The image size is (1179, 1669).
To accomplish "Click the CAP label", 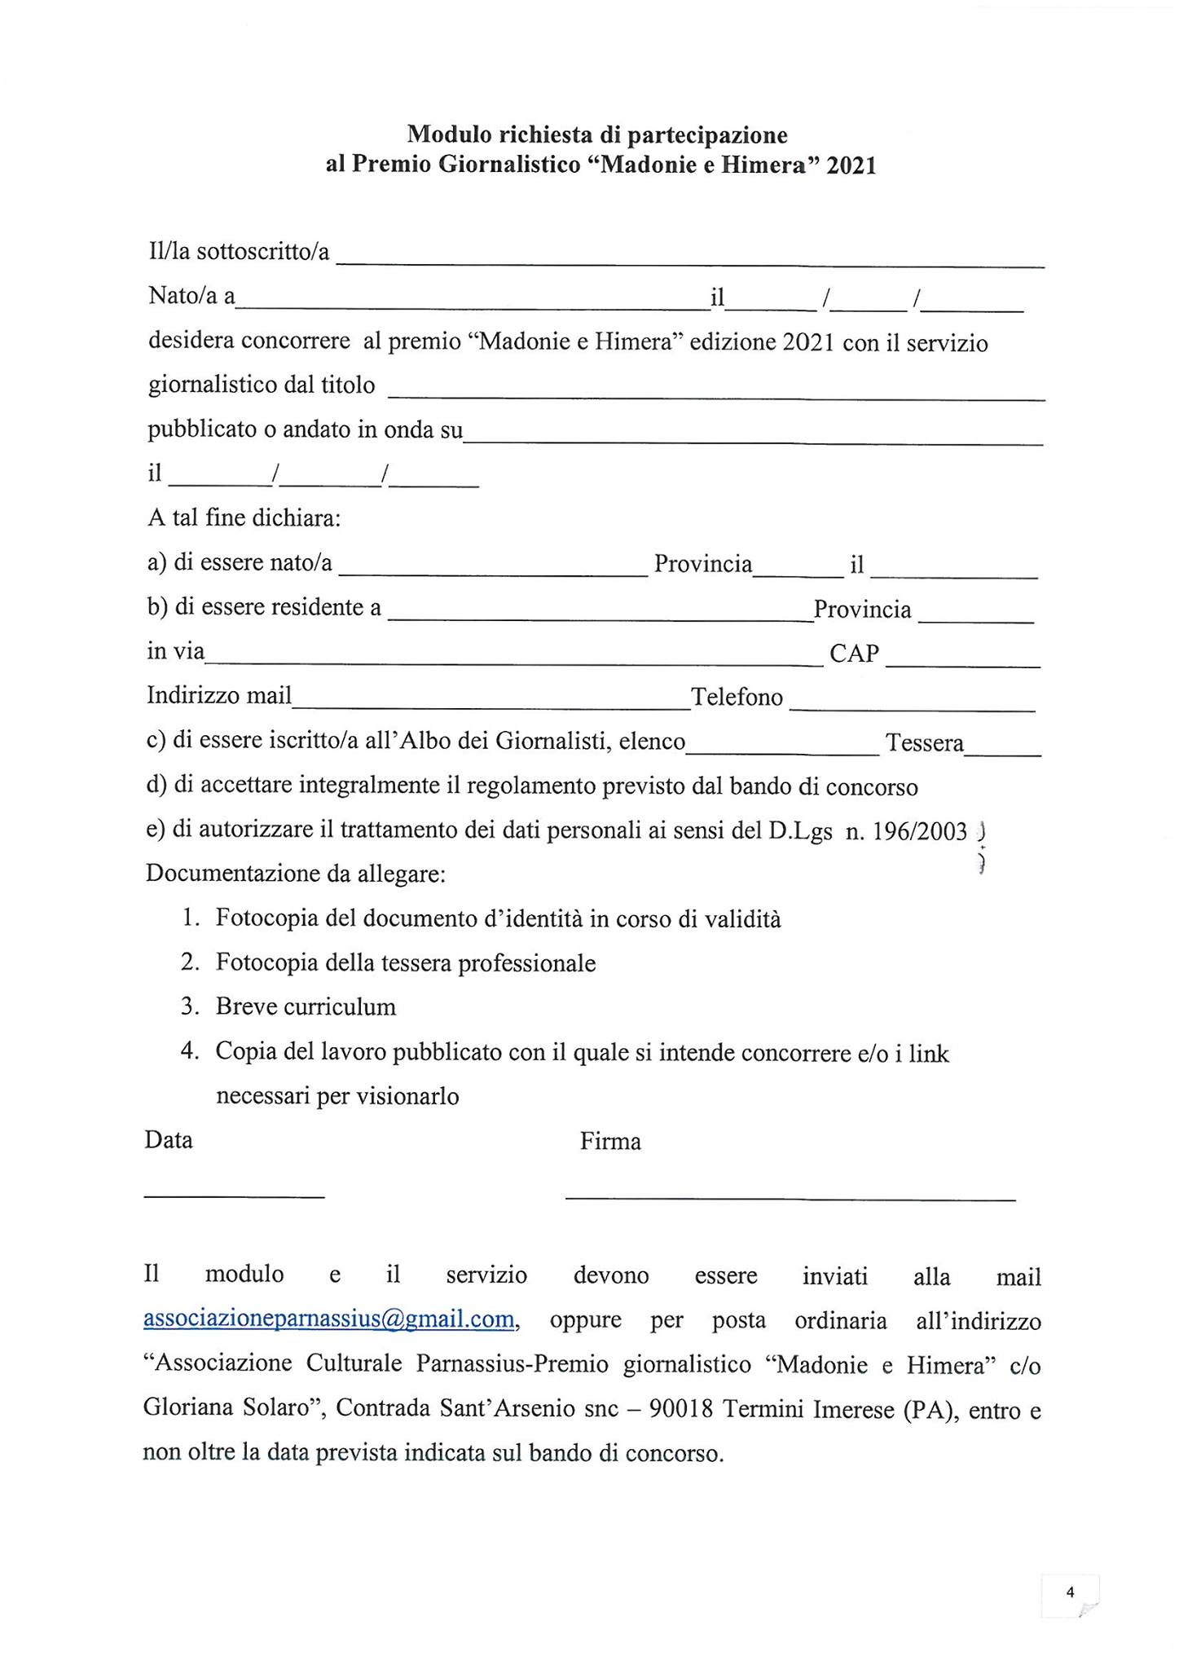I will (854, 654).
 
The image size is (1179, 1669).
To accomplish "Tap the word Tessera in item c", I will (925, 743).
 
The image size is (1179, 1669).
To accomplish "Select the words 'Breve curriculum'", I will (306, 1007).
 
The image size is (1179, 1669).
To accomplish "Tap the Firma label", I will (610, 1142).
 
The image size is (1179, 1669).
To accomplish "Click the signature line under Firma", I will (790, 1198).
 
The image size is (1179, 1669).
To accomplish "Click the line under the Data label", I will (234, 1196).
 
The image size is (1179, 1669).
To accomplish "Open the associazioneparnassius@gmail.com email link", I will (329, 1319).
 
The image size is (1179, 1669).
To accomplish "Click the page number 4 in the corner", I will (1071, 1592).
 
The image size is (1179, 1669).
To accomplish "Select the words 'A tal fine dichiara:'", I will (244, 518).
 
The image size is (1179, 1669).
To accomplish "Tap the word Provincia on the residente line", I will (862, 610).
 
